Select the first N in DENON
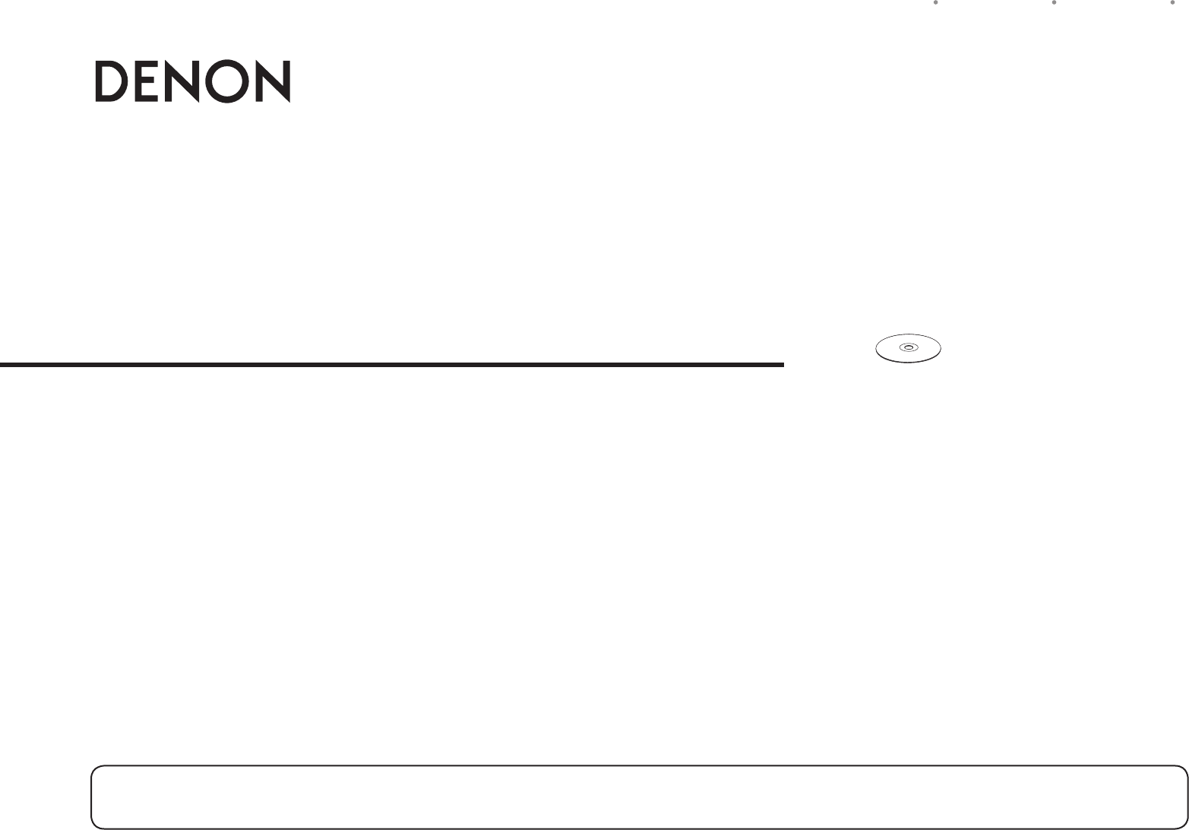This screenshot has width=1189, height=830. click(182, 81)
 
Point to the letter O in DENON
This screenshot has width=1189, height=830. click(227, 81)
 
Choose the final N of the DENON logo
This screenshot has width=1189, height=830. click(274, 81)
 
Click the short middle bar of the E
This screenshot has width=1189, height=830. click(147, 81)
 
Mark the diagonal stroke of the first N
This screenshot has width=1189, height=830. click(182, 81)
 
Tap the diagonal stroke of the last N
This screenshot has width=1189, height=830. click(274, 81)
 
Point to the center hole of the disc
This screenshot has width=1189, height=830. click(908, 347)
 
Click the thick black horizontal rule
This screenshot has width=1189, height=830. click(392, 365)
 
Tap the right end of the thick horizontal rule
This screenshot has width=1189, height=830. click(783, 365)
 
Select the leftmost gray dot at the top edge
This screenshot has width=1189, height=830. click(936, 2)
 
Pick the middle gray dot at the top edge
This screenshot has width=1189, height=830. click(1055, 2)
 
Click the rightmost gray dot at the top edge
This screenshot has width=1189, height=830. click(1172, 2)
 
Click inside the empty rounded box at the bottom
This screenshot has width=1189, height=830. click(639, 797)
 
